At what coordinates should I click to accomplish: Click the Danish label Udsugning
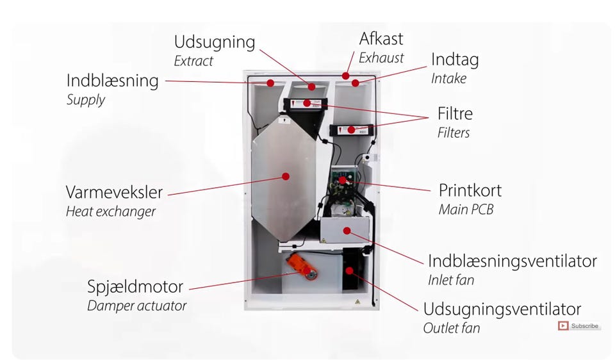[x=214, y=43]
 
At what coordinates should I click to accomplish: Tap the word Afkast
[x=381, y=38]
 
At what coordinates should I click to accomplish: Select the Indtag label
[x=454, y=60]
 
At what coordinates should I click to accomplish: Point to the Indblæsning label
[x=112, y=81]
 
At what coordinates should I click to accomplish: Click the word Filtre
[x=455, y=114]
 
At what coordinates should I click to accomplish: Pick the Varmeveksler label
[x=114, y=192]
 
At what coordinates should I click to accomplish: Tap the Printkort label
[x=470, y=190]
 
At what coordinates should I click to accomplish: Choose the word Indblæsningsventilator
[x=512, y=261]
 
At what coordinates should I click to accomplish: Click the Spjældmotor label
[x=135, y=286]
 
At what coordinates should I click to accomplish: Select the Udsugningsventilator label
[x=502, y=309]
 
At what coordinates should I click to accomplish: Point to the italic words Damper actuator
[x=136, y=306]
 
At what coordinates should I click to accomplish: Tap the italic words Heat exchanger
[x=110, y=211]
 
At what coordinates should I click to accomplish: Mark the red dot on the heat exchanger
[x=286, y=176]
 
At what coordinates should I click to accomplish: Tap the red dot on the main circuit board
[x=343, y=181]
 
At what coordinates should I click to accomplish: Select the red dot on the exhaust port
[x=345, y=76]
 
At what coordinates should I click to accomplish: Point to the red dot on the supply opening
[x=270, y=83]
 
